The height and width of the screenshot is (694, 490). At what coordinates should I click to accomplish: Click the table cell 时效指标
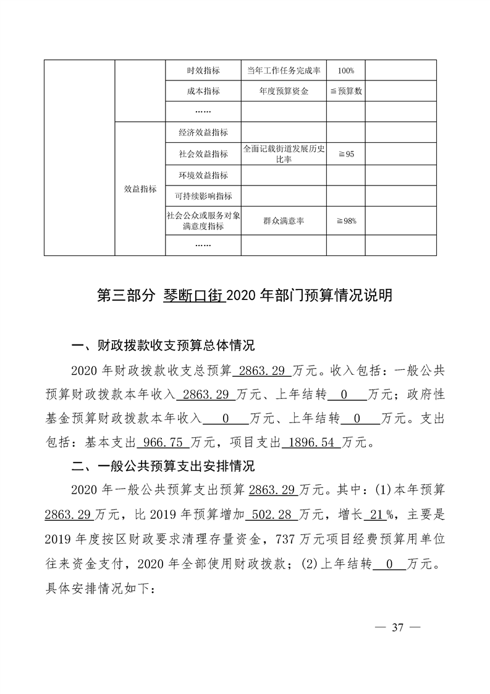[x=203, y=71]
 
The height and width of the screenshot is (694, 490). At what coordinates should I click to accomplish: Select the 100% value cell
[x=345, y=71]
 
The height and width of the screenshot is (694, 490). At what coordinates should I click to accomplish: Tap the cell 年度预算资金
[x=284, y=92]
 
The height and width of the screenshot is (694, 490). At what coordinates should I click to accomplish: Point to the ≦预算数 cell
[x=345, y=92]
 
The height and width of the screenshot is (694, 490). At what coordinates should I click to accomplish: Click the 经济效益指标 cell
[x=203, y=132]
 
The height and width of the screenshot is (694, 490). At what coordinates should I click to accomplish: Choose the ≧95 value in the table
[x=345, y=154]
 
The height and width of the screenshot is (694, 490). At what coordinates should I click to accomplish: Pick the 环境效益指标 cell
[x=203, y=176]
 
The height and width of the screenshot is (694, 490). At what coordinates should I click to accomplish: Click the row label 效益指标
[x=140, y=189]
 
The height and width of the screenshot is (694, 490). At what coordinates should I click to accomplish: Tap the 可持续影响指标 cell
[x=203, y=196]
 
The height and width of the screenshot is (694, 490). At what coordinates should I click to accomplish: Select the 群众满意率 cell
[x=284, y=221]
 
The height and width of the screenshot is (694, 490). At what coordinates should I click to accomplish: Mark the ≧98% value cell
[x=345, y=221]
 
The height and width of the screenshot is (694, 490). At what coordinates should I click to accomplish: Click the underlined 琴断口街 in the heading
[x=193, y=296]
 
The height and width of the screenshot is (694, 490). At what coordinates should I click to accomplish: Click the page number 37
[x=397, y=628]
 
